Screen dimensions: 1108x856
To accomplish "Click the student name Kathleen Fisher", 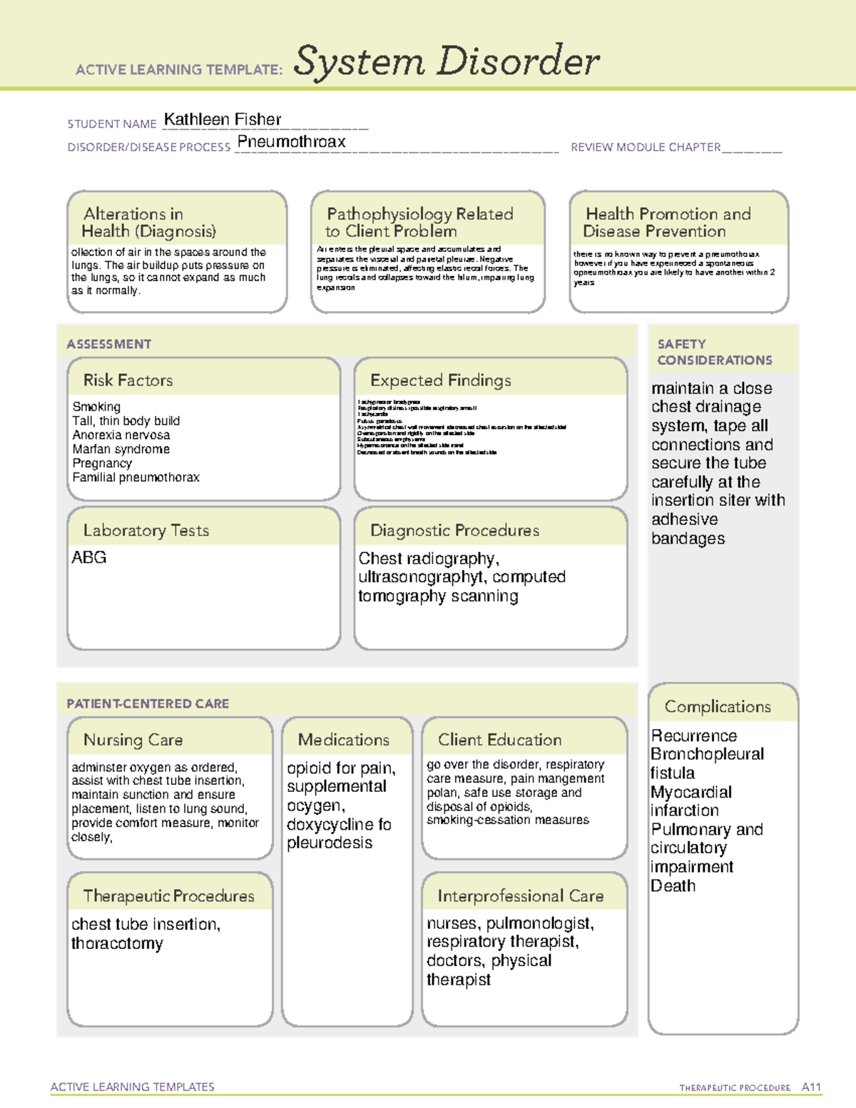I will coord(223,119).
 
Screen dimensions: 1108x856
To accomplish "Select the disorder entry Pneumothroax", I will coord(291,141).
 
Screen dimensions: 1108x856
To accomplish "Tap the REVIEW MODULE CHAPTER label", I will coord(645,147).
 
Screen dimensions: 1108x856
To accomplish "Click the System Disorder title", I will coord(447,61).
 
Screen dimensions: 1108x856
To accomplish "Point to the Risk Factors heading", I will coord(128,380).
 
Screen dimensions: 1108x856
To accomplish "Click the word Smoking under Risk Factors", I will coord(96,407).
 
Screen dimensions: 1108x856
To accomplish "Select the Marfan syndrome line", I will coord(121,449).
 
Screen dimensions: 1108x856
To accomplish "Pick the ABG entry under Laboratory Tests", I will coord(89,557).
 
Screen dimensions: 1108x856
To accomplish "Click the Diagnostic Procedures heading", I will coord(454,530).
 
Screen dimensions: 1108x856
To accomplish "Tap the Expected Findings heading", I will coord(440,380).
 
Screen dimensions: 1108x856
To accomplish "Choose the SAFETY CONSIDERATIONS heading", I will coord(714,352).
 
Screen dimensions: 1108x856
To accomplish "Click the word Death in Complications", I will coord(673,885).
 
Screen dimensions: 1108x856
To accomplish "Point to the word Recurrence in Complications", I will coord(693,736).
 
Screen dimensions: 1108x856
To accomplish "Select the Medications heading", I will coord(343,740).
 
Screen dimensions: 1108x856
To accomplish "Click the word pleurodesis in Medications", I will coord(330,843).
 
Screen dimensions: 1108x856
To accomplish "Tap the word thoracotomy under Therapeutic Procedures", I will coord(117,943).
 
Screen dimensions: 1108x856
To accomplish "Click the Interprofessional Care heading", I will coord(520,895).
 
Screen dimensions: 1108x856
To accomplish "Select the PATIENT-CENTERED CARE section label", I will coord(148,703).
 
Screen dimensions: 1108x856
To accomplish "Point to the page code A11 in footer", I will coord(811,1087).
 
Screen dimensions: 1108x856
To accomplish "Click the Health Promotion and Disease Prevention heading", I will coord(668,223).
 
